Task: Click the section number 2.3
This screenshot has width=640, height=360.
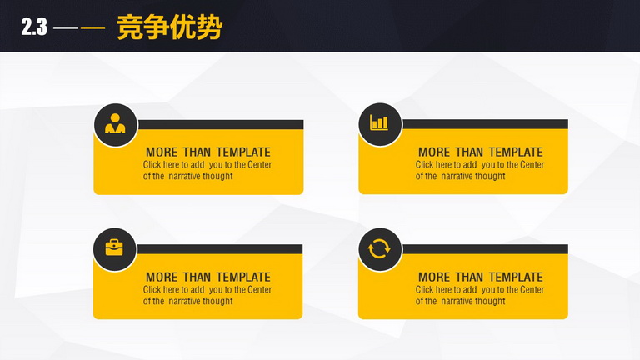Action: click(x=34, y=27)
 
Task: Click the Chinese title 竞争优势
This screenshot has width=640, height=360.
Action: click(x=169, y=27)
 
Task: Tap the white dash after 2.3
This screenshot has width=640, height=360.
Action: click(x=66, y=27)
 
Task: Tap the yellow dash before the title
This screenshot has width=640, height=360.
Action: click(x=92, y=27)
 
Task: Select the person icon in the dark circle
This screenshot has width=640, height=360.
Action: click(x=115, y=123)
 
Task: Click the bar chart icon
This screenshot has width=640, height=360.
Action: click(x=379, y=122)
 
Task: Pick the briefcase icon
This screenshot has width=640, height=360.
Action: click(x=114, y=247)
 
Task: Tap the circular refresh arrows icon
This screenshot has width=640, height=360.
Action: click(x=379, y=248)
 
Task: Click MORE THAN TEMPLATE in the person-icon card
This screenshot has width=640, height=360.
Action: click(x=208, y=152)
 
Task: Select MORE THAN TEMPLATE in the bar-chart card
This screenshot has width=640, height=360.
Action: click(x=481, y=152)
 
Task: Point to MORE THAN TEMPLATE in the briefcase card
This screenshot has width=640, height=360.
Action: click(x=208, y=277)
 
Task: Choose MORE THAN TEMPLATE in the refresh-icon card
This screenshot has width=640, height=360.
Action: click(x=481, y=277)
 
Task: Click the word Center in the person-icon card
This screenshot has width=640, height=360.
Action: click(x=260, y=165)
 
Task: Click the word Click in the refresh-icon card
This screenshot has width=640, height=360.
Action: click(x=424, y=289)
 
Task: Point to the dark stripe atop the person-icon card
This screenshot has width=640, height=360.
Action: click(x=220, y=124)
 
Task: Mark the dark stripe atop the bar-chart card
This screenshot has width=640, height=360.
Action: click(x=485, y=124)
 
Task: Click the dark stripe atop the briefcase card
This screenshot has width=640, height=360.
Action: click(x=220, y=249)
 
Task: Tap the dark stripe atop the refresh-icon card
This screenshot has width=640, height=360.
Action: click(x=485, y=249)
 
